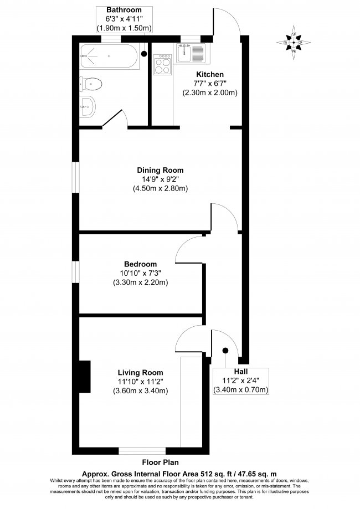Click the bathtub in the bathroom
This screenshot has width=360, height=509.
point(110,56)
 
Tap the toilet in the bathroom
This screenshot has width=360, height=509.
point(91,84)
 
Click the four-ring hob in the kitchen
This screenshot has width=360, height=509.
point(162,64)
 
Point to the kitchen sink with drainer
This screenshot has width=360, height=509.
point(191,53)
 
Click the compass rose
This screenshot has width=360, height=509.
point(294,43)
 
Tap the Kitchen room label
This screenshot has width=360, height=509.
point(210,74)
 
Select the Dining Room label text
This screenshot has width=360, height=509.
point(160,170)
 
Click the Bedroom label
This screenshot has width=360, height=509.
point(140,264)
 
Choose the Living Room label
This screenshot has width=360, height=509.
point(140,373)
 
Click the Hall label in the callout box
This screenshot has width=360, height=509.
point(241,372)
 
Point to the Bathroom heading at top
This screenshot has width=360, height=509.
point(124,10)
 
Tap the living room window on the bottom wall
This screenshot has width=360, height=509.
point(142,451)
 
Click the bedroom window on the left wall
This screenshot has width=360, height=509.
point(76,272)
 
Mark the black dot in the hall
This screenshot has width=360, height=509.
point(225,351)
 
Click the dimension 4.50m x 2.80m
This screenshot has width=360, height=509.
point(161,188)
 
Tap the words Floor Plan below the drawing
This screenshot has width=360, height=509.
point(161,462)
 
